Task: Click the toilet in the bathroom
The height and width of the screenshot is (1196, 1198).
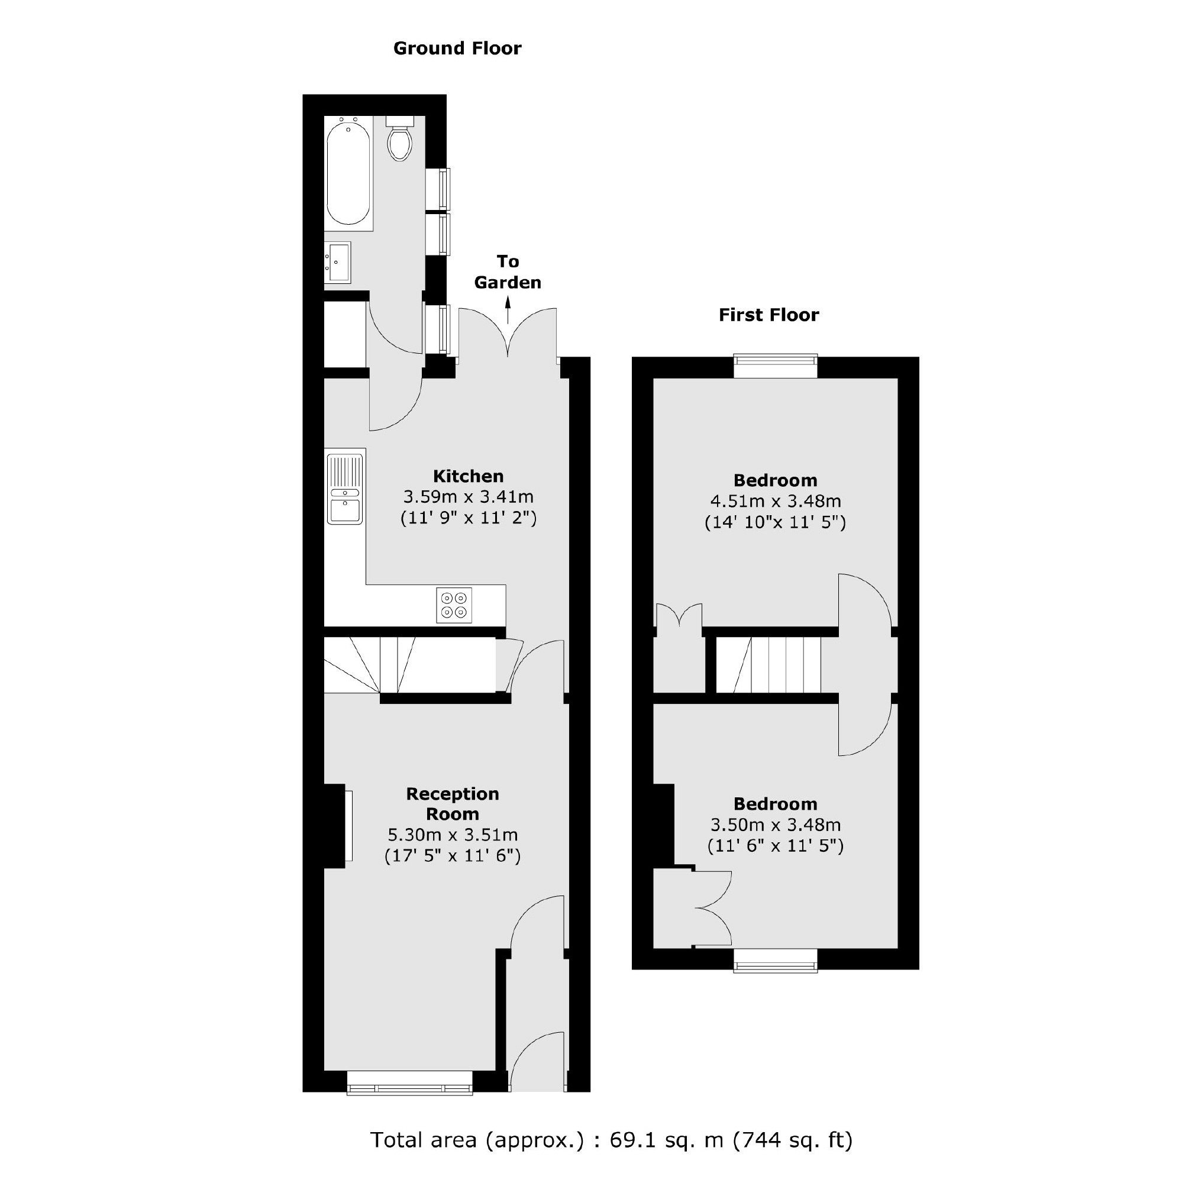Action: point(400,140)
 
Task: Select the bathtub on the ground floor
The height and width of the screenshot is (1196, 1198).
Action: point(348,173)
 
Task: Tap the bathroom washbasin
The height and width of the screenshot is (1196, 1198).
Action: point(338,262)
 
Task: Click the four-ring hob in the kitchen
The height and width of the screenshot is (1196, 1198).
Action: point(454,605)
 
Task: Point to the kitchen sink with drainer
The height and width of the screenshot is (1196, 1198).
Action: point(345,489)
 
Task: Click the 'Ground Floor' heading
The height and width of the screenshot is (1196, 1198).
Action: point(458,49)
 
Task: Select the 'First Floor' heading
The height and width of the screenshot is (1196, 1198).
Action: point(769,315)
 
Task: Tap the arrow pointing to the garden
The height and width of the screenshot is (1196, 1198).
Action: point(508,310)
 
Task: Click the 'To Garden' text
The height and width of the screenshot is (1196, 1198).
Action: point(508,271)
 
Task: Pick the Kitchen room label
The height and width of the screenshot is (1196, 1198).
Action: point(468,476)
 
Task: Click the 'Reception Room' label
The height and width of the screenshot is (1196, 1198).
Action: point(453,803)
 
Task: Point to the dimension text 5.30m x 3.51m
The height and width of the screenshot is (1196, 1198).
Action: point(453,835)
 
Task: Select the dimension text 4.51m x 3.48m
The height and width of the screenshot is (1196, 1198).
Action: point(775,501)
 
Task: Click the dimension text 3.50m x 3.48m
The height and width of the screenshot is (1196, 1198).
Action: point(775,825)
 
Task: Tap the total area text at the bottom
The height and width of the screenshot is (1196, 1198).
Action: point(611,1140)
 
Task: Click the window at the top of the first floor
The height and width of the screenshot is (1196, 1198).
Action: point(775,366)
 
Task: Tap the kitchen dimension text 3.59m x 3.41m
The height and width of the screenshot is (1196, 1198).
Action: point(468,497)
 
